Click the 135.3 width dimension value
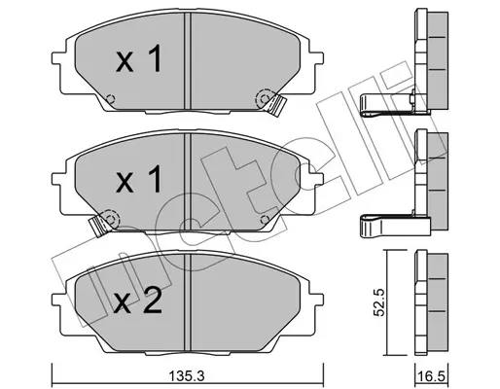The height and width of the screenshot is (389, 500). pos(186,377)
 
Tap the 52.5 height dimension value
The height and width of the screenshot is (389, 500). pos(378,302)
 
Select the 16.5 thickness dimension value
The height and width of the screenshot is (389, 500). pos(432,377)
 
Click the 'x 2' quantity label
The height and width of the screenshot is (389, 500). pos(137,301)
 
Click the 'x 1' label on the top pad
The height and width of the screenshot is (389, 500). pos(139,59)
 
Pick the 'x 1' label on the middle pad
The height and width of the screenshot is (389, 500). pos(139,179)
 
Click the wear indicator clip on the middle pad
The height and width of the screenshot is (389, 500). pos(98,225)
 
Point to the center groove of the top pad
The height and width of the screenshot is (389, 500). pos(187,61)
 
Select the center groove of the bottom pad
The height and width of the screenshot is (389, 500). pos(187,302)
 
